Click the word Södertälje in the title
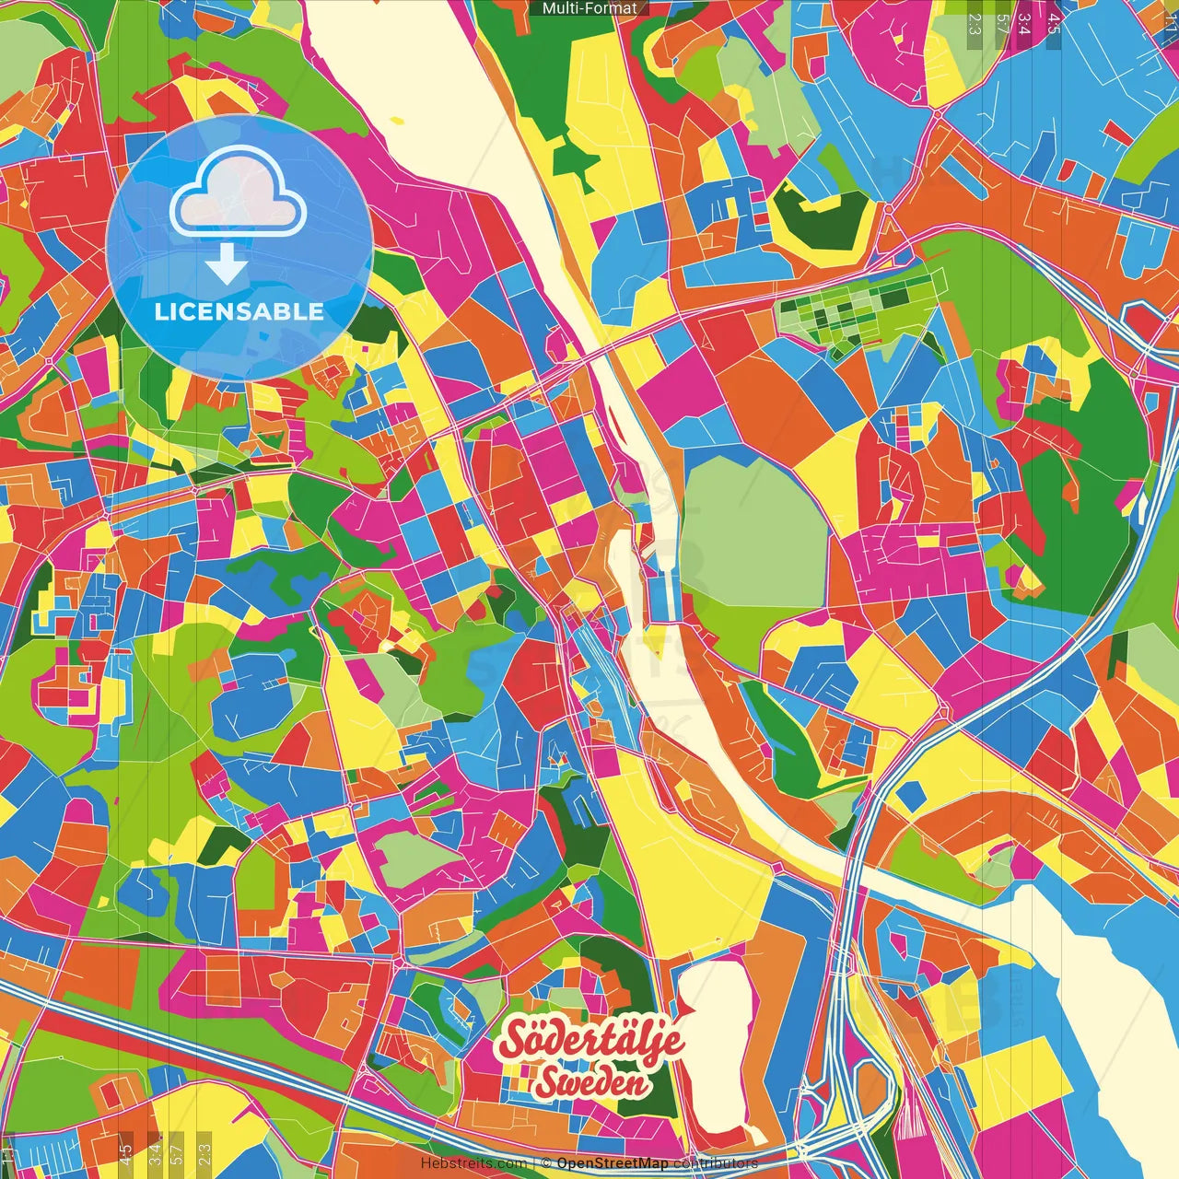(591, 1042)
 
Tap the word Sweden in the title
(591, 1082)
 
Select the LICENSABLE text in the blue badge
(239, 311)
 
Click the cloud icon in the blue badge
(239, 191)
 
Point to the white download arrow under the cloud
(227, 265)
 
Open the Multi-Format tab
(589, 8)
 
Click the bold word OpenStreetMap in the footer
(613, 1163)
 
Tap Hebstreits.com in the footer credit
(473, 1163)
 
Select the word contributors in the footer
(716, 1163)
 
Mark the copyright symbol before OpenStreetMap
(546, 1163)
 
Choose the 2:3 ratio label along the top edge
(974, 23)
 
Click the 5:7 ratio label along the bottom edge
(176, 1150)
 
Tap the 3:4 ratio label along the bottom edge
(155, 1150)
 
